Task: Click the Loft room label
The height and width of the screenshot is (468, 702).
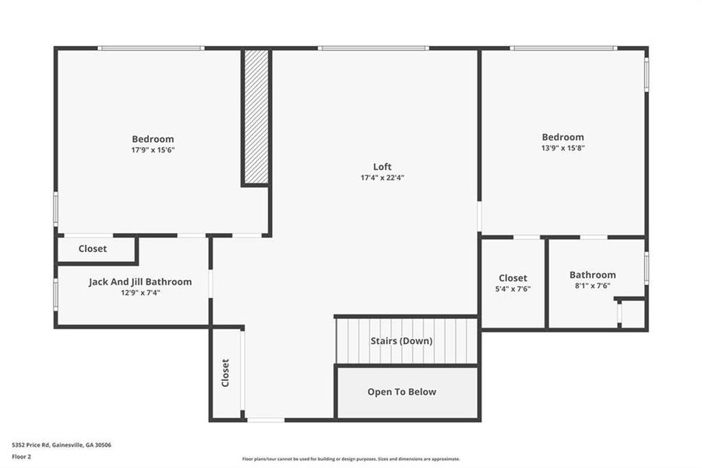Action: click(382, 166)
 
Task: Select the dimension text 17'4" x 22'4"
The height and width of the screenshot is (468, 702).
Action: click(382, 178)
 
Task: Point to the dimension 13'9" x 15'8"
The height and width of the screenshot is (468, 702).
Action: click(563, 147)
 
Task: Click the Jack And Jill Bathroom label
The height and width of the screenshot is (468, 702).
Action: click(140, 282)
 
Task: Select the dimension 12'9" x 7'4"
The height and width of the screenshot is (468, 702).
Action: click(140, 293)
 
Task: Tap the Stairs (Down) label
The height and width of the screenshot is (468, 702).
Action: click(401, 341)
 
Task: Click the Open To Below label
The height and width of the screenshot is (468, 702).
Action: click(402, 392)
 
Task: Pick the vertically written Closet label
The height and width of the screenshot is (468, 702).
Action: click(225, 373)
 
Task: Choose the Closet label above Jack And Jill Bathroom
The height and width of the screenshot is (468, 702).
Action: click(93, 249)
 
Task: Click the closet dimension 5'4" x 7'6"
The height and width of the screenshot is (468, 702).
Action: click(513, 289)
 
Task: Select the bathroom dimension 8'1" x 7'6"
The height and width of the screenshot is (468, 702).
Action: click(592, 285)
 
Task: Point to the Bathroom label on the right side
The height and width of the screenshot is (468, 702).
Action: click(592, 275)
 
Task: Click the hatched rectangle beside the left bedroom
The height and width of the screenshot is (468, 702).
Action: click(256, 117)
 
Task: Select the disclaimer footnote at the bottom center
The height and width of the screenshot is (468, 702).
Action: click(351, 459)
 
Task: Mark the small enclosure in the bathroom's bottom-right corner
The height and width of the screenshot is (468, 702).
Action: click(632, 314)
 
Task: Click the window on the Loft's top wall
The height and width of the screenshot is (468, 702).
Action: click(373, 48)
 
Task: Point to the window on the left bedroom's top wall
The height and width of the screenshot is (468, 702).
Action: click(151, 48)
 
